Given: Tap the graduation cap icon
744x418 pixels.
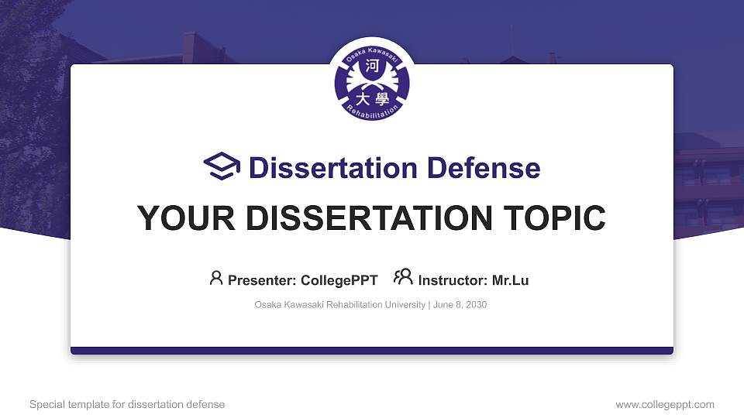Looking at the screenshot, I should pyautogui.click(x=222, y=166).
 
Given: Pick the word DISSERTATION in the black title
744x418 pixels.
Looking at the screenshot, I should pyautogui.click(x=359, y=218).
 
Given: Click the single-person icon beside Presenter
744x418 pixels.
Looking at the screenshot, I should pyautogui.click(x=216, y=278).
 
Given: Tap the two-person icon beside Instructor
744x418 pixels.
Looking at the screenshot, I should pyautogui.click(x=403, y=278).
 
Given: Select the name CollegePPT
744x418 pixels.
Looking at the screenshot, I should pyautogui.click(x=339, y=280).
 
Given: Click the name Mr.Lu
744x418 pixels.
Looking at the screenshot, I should pyautogui.click(x=510, y=280).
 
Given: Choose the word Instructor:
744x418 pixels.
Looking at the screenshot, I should pyautogui.click(x=453, y=280).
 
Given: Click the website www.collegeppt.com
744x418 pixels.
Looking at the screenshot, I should pyautogui.click(x=665, y=405).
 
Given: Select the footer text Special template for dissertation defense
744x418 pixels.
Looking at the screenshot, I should pyautogui.click(x=127, y=405).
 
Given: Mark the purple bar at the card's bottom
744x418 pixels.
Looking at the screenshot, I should pyautogui.click(x=371, y=351).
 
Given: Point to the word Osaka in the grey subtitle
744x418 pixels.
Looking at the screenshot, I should pyautogui.click(x=267, y=305).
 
